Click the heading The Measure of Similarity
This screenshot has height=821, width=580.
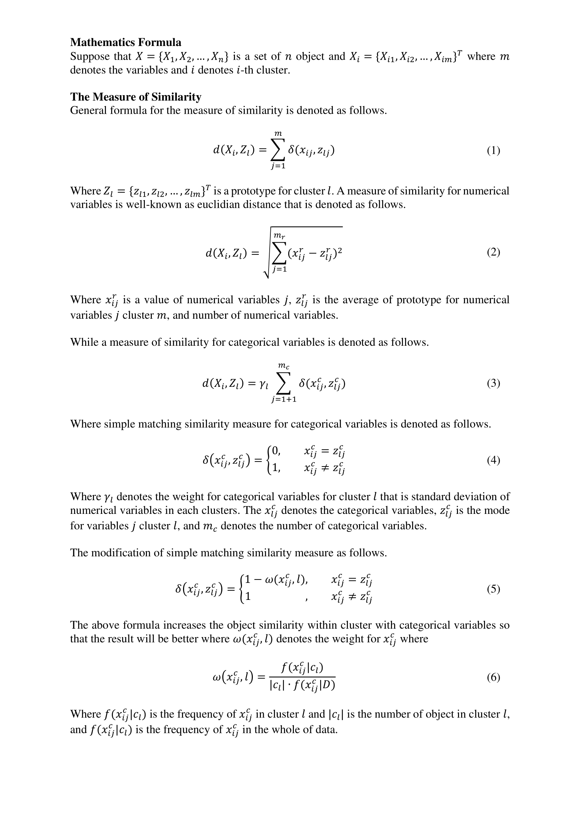(135, 97)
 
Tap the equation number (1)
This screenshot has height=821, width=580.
(493, 151)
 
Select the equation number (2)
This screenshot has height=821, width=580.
(493, 252)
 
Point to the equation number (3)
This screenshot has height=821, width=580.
(493, 383)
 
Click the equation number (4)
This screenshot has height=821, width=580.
(493, 460)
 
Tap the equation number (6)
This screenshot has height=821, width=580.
(493, 677)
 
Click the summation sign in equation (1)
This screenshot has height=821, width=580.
(278, 150)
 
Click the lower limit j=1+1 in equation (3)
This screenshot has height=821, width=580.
(284, 399)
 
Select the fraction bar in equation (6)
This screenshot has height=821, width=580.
(302, 677)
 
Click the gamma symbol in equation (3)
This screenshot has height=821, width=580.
(263, 384)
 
